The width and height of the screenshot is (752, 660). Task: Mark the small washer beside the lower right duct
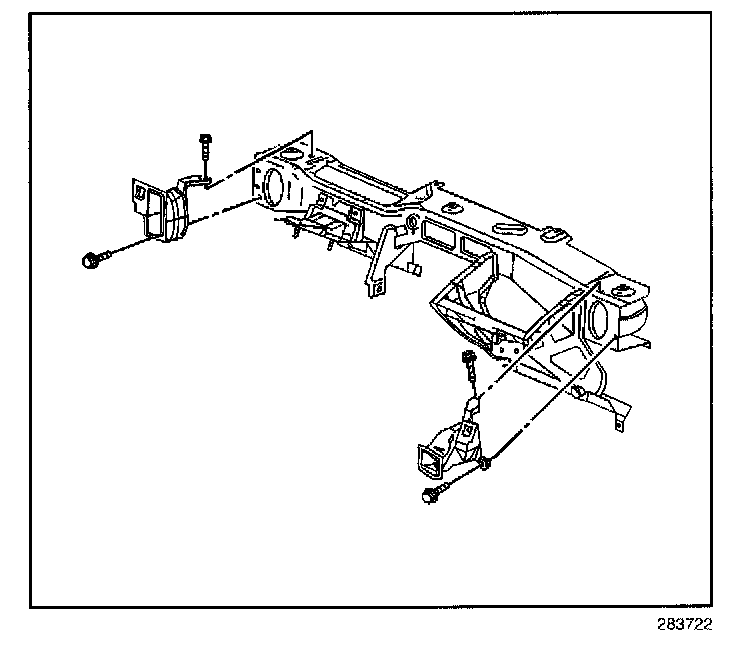point(486,462)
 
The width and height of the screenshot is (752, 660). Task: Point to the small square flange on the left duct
point(142,192)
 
